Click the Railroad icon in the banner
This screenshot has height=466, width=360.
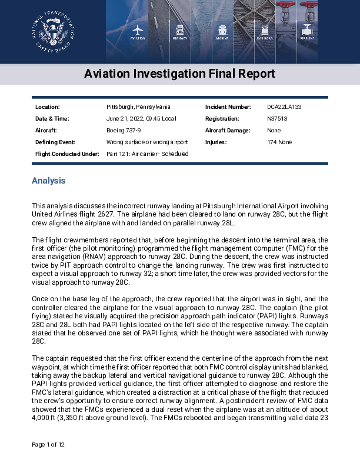pos(265,29)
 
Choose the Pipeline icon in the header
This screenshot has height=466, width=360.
pos(308,29)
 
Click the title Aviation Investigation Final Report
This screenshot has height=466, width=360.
pos(179,74)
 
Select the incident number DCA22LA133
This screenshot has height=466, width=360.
pos(284,107)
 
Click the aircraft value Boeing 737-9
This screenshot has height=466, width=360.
pos(124,131)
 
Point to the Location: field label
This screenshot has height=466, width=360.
pos(48,107)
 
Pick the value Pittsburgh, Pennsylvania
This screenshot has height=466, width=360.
pos(138,107)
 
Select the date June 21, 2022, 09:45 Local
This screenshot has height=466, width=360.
pos(141,119)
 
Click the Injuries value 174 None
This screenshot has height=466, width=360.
pos(281,142)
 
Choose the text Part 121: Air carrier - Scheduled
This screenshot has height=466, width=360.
pos(147,154)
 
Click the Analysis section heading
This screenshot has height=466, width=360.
pos(48,181)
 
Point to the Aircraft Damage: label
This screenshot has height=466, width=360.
pos(228,131)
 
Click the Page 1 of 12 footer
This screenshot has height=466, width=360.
pos(48,444)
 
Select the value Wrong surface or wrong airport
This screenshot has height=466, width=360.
pos(147,142)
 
